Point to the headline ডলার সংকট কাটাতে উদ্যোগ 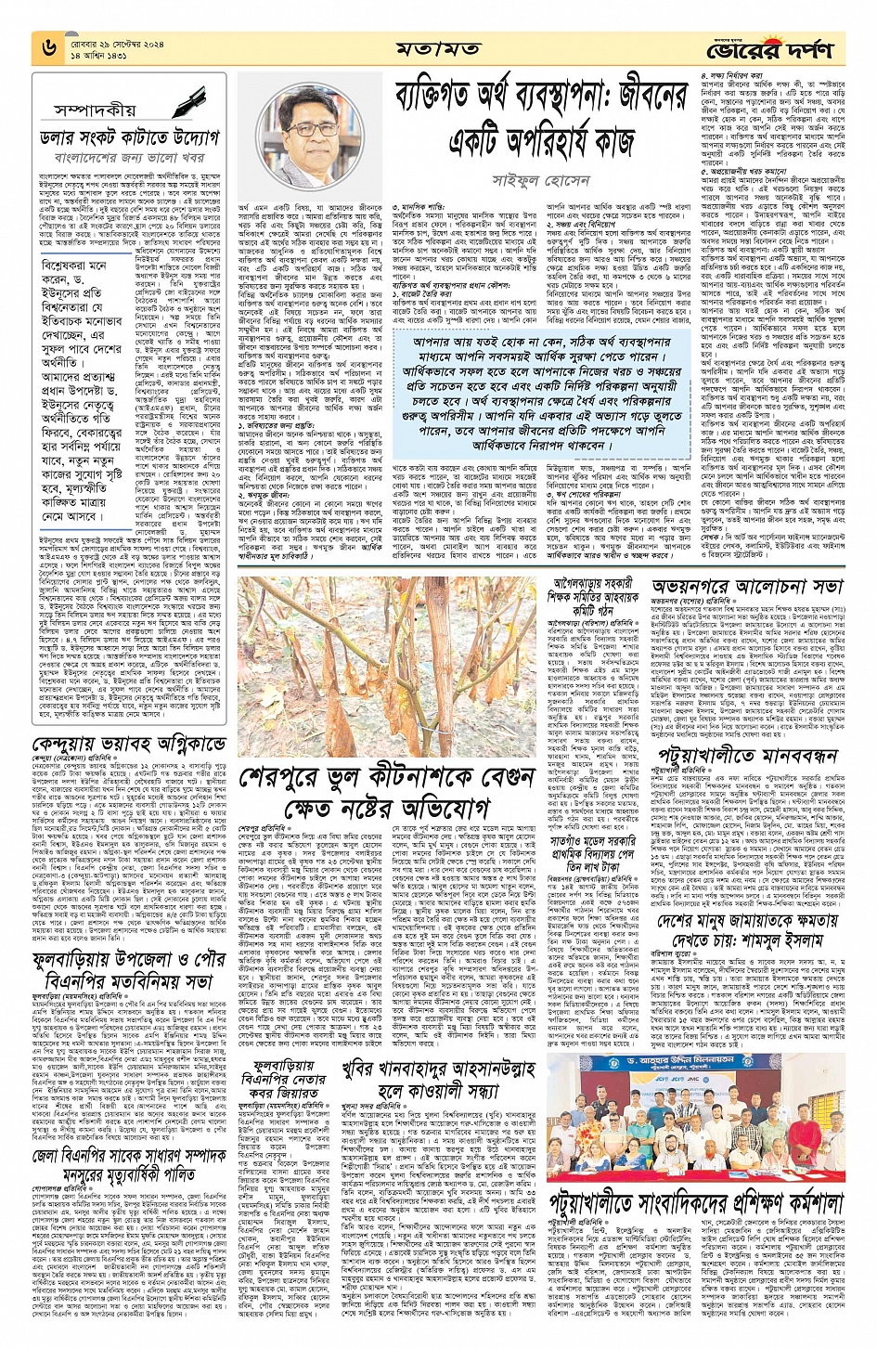(129, 137)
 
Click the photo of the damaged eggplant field (387, 680)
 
